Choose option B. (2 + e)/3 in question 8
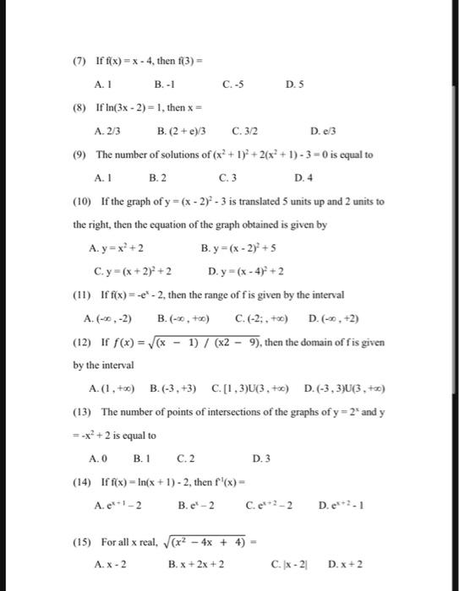(183, 132)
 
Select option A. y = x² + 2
(116, 248)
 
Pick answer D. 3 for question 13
(260, 458)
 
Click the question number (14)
(81, 482)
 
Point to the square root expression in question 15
(230, 539)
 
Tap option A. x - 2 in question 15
(111, 561)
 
